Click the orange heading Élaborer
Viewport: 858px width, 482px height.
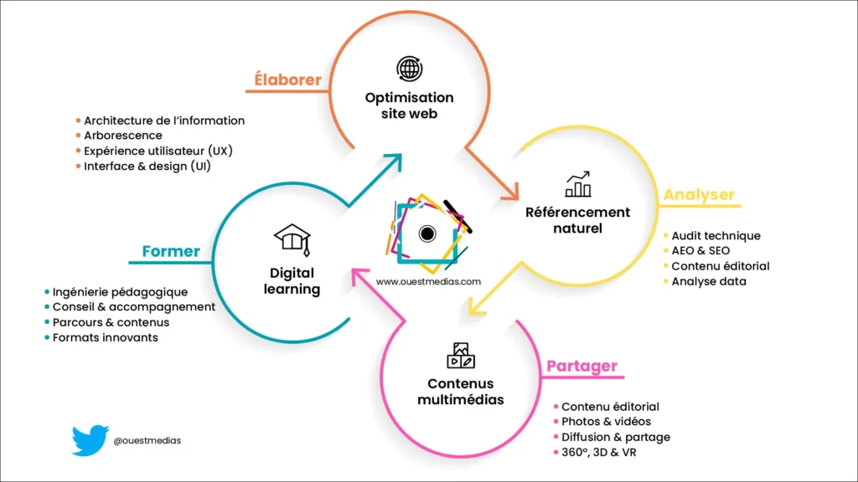point(288,80)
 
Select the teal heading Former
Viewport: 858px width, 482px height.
point(171,251)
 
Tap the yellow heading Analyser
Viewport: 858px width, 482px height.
point(699,195)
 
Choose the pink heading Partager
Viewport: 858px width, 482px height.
point(581,367)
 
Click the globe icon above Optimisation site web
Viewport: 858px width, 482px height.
point(410,69)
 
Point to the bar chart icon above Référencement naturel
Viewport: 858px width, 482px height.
point(578,184)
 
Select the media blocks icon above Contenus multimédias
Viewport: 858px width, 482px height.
point(461,356)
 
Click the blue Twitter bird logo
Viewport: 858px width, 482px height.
point(90,440)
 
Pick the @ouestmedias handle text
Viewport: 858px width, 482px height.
point(147,440)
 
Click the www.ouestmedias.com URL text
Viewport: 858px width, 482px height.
point(428,282)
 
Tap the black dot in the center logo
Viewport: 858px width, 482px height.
point(427,233)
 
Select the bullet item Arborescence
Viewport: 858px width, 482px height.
point(123,136)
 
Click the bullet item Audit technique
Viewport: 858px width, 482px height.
point(716,236)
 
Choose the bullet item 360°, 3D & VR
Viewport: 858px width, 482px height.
point(598,453)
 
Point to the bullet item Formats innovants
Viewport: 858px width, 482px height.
point(106,337)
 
